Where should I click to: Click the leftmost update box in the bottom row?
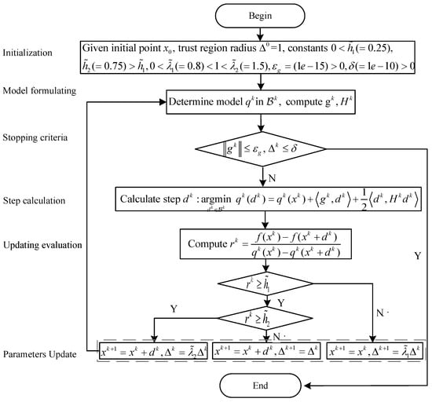pos(152,353)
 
